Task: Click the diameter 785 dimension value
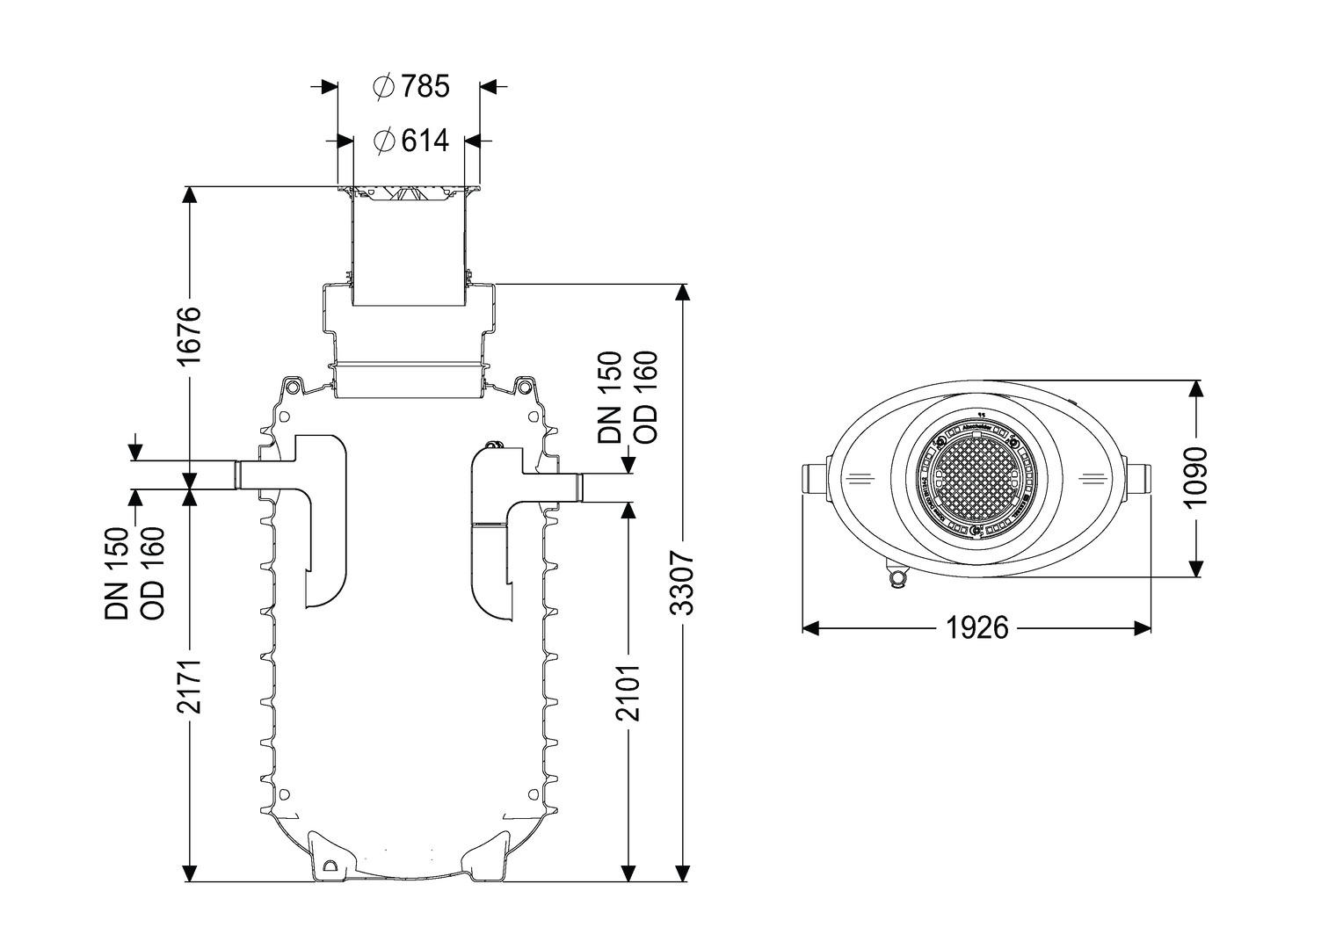tap(425, 87)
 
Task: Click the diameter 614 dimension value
tap(425, 141)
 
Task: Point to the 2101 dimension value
tap(628, 694)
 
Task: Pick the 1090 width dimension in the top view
tap(1195, 478)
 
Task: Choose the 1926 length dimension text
tap(976, 627)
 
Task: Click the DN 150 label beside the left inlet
tap(118, 573)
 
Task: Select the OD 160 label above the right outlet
tap(645, 397)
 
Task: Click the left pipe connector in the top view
tap(814, 480)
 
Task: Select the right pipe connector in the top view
tap(1139, 480)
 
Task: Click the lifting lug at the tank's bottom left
tap(331, 865)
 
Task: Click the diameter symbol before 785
tap(383, 87)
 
